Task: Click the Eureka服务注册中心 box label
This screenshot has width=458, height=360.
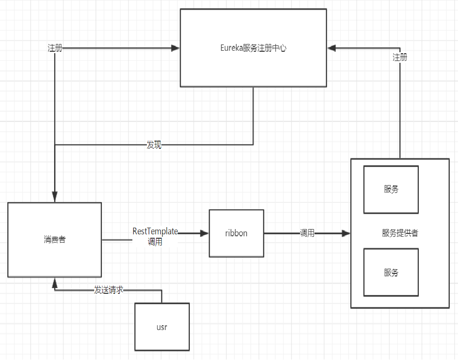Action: [253, 48]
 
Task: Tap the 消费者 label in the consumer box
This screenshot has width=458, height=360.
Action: [55, 240]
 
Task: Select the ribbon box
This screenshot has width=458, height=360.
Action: [236, 233]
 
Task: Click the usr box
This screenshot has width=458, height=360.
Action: [162, 327]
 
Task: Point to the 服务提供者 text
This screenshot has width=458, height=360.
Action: [400, 233]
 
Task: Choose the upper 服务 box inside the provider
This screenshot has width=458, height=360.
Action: [391, 189]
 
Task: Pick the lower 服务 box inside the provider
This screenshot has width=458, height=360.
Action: [391, 272]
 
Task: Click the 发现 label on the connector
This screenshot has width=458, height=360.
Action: [154, 145]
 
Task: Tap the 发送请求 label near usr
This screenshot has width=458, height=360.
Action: [109, 290]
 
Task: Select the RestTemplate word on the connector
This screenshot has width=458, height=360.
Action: [155, 231]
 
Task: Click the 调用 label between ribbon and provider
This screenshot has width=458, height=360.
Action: [307, 233]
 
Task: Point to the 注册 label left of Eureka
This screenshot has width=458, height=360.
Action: [55, 48]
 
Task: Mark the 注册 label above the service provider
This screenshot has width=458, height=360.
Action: [400, 58]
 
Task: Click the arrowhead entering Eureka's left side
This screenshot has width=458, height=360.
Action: [175, 48]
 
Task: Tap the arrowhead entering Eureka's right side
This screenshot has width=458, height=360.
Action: [331, 48]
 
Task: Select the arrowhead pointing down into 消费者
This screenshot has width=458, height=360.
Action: [55, 198]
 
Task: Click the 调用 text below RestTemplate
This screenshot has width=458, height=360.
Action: [155, 242]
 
